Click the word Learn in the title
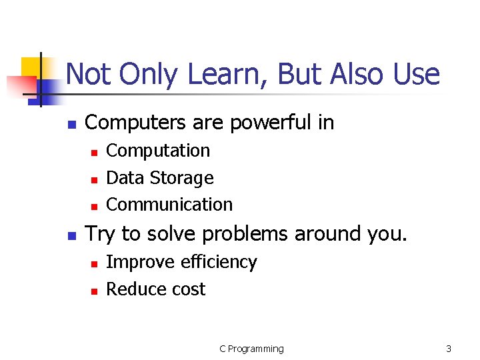tap(215, 75)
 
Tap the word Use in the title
tap(416, 75)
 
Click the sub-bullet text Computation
tap(158, 151)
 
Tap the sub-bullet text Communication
tap(169, 205)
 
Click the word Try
tap(101, 234)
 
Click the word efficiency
tap(219, 263)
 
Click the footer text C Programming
tap(251, 349)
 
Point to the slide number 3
tap(449, 349)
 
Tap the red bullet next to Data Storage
tap(94, 179)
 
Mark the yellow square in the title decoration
tap(31, 67)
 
